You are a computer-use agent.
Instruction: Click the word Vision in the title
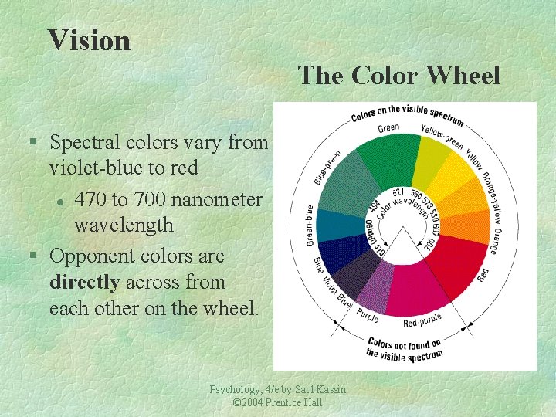(89, 39)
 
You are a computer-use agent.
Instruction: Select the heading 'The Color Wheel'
(399, 76)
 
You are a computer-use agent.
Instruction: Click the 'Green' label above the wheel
(388, 128)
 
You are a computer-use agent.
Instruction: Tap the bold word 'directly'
(82, 283)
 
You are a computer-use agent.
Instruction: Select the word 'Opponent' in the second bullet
(93, 256)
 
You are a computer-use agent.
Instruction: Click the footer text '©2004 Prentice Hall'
(277, 403)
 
